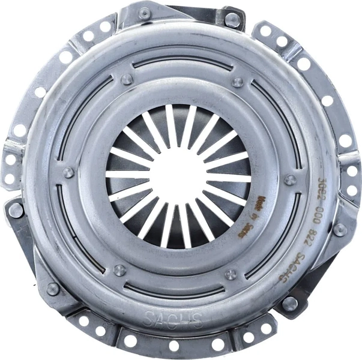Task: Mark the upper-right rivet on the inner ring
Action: pyautogui.click(x=238, y=82)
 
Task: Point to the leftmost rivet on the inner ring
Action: pyautogui.click(x=69, y=173)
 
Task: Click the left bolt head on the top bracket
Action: pyautogui.click(x=145, y=12)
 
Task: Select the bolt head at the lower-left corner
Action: pyautogui.click(x=53, y=289)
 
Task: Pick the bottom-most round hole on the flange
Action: pyautogui.click(x=174, y=346)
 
